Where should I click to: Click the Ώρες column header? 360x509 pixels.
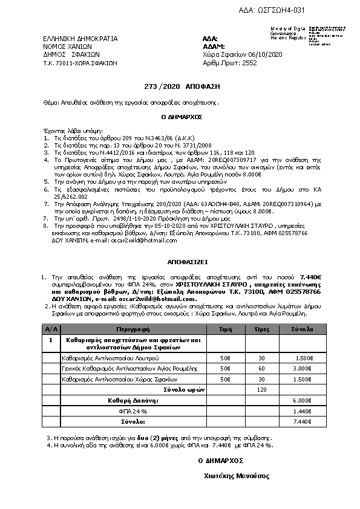tap(262, 329)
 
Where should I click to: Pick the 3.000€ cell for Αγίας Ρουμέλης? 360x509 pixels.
tap(303, 368)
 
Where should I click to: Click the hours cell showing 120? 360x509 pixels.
tap(262, 389)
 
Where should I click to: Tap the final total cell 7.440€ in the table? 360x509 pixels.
tap(303, 421)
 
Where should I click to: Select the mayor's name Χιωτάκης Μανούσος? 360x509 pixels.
tap(236, 476)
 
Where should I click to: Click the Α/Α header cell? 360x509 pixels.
tap(51, 329)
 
